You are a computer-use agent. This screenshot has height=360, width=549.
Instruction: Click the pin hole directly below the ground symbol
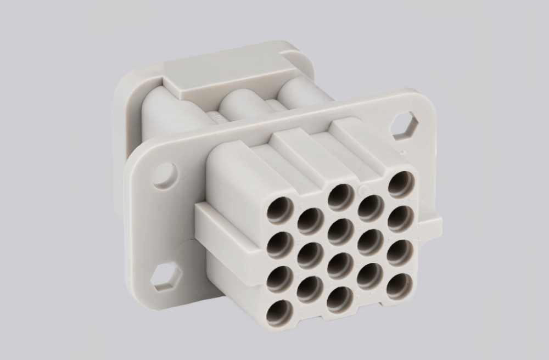pos(371,207)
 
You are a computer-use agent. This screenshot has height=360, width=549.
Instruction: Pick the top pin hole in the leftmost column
pos(280,211)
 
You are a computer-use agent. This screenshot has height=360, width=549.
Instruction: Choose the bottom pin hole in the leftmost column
pos(280,313)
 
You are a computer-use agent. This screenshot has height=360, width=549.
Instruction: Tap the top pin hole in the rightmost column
pos(401,184)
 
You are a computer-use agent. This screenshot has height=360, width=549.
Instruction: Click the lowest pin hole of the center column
pos(340,300)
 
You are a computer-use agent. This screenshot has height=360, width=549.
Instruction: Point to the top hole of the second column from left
pos(310,221)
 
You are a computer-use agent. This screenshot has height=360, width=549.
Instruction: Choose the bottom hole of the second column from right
pos(369,276)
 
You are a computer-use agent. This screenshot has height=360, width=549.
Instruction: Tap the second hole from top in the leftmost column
pos(280,245)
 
